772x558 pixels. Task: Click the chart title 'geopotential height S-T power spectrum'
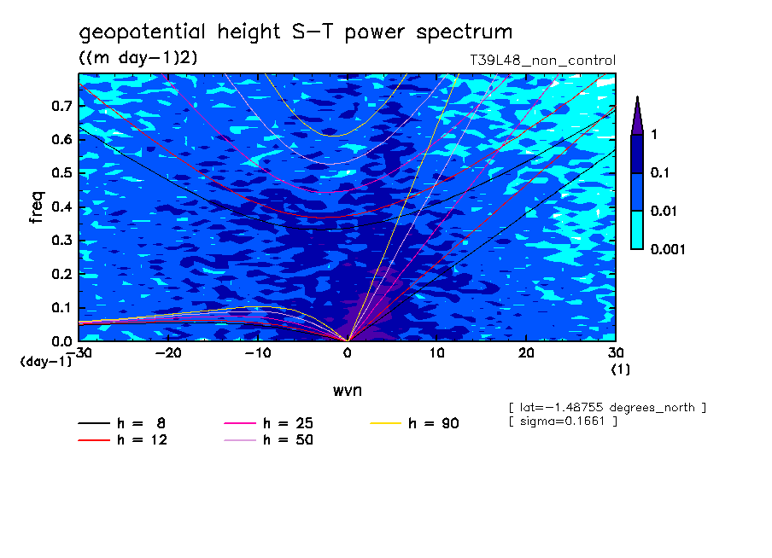coord(295,33)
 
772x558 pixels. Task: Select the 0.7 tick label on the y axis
coord(61,106)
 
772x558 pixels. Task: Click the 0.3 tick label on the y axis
coord(61,241)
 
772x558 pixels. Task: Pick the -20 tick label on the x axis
coord(168,352)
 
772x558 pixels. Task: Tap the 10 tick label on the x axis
coord(436,352)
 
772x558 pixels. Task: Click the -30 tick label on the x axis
coord(79,352)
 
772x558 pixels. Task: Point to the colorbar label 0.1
coord(659,173)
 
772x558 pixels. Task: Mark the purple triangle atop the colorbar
coord(637,114)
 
